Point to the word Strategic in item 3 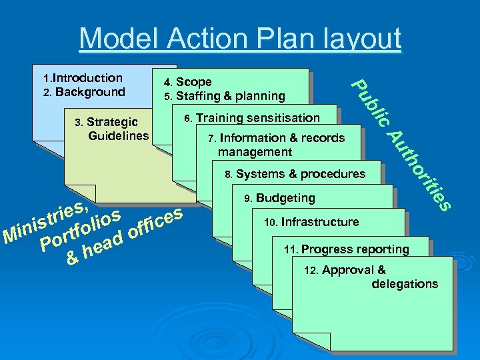[112, 122]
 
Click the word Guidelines [119, 136]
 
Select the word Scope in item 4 [194, 82]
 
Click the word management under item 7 [255, 152]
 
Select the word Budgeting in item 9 [285, 198]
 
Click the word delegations [405, 284]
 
